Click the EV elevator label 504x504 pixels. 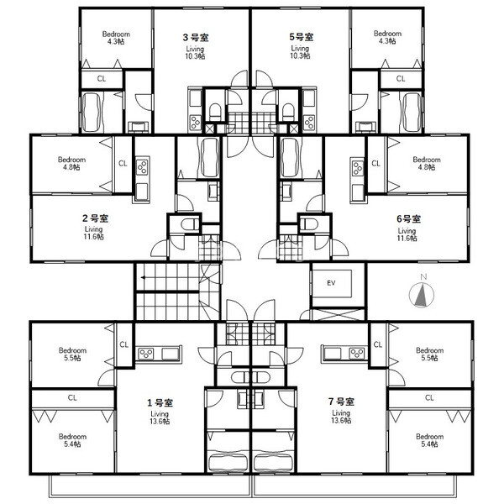click(331, 283)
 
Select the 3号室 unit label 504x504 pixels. click(196, 38)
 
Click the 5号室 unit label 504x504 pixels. click(302, 37)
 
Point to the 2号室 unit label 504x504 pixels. click(96, 218)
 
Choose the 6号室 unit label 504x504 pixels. click(408, 219)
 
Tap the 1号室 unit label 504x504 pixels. click(160, 402)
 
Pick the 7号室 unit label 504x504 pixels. click(341, 402)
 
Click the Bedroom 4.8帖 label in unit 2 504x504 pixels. click(71, 163)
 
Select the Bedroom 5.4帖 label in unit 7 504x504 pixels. click(429, 440)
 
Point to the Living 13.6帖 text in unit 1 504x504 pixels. click(160, 417)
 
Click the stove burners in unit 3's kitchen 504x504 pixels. click(195, 122)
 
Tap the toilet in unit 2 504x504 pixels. click(189, 224)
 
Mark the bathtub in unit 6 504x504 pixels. click(291, 158)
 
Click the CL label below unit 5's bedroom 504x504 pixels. click(401, 78)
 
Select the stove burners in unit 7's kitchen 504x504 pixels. click(358, 354)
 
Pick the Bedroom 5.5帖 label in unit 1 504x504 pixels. click(72, 354)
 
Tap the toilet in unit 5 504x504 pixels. click(288, 112)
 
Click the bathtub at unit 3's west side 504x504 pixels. click(92, 113)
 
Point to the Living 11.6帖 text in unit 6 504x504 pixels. click(407, 234)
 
